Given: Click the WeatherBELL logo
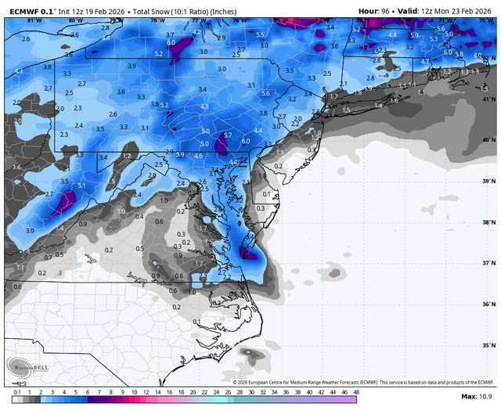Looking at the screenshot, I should tap(23, 366).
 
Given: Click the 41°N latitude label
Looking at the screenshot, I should tap(489, 99).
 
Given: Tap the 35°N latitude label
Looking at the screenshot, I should tap(489, 345).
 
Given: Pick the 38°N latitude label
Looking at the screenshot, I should tap(489, 222).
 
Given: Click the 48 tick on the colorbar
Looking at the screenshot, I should tap(356, 391).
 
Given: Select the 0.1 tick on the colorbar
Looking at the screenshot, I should tap(16, 391).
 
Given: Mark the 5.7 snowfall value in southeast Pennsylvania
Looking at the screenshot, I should tap(228, 135).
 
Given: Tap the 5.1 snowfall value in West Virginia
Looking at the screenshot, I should tap(81, 185).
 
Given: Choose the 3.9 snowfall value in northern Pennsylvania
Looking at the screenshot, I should tap(132, 66).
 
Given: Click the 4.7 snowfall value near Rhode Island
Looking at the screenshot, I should tap(426, 61).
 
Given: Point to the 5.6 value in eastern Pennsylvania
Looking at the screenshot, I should tap(265, 93).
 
